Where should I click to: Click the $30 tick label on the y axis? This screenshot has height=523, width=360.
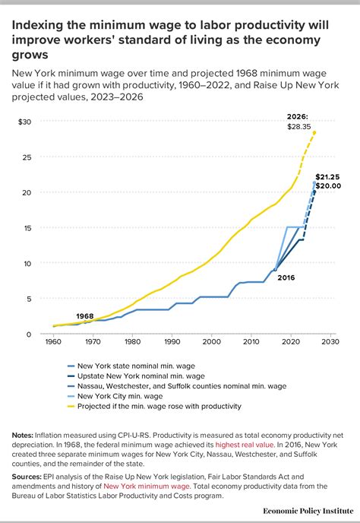(x=25, y=122)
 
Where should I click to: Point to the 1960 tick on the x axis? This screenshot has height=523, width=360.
(x=53, y=343)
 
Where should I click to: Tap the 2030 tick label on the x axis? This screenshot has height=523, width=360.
(x=329, y=343)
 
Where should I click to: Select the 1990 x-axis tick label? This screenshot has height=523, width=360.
(x=172, y=343)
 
